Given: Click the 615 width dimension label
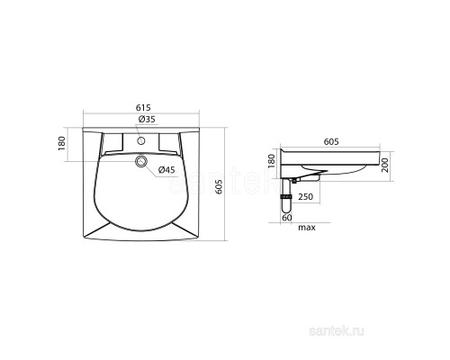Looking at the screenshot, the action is pos(143,107).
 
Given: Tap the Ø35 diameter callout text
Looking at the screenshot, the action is pos(147,119).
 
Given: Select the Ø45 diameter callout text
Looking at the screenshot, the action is pos(166,170).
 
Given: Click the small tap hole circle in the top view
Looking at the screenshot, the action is pos(141,140).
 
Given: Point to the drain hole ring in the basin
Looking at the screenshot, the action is pos(141,161).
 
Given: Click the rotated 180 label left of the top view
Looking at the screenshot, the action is pos(61,143).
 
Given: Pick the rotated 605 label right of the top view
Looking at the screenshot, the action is pos(219,186).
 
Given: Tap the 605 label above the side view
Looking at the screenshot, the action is pos(331,141).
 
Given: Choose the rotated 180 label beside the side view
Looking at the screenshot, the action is pos(271,161).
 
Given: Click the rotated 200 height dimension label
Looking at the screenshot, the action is pos(384,166).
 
